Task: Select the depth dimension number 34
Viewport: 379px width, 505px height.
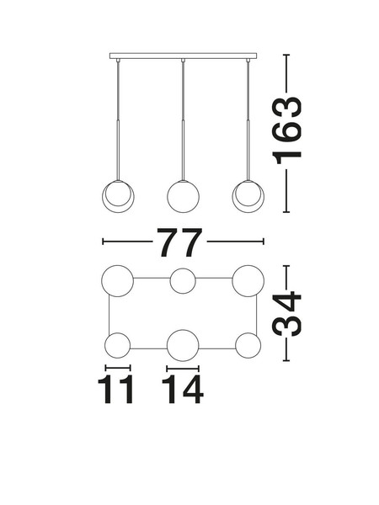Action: coord(287,314)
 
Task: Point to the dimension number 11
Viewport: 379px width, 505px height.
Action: coord(115,390)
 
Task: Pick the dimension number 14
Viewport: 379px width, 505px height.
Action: coord(183,390)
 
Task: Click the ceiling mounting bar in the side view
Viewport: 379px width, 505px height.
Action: coord(183,56)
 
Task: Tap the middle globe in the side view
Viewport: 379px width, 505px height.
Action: coord(183,197)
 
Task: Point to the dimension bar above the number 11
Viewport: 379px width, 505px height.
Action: coord(118,368)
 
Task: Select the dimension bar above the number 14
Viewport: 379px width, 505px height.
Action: coord(183,369)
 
